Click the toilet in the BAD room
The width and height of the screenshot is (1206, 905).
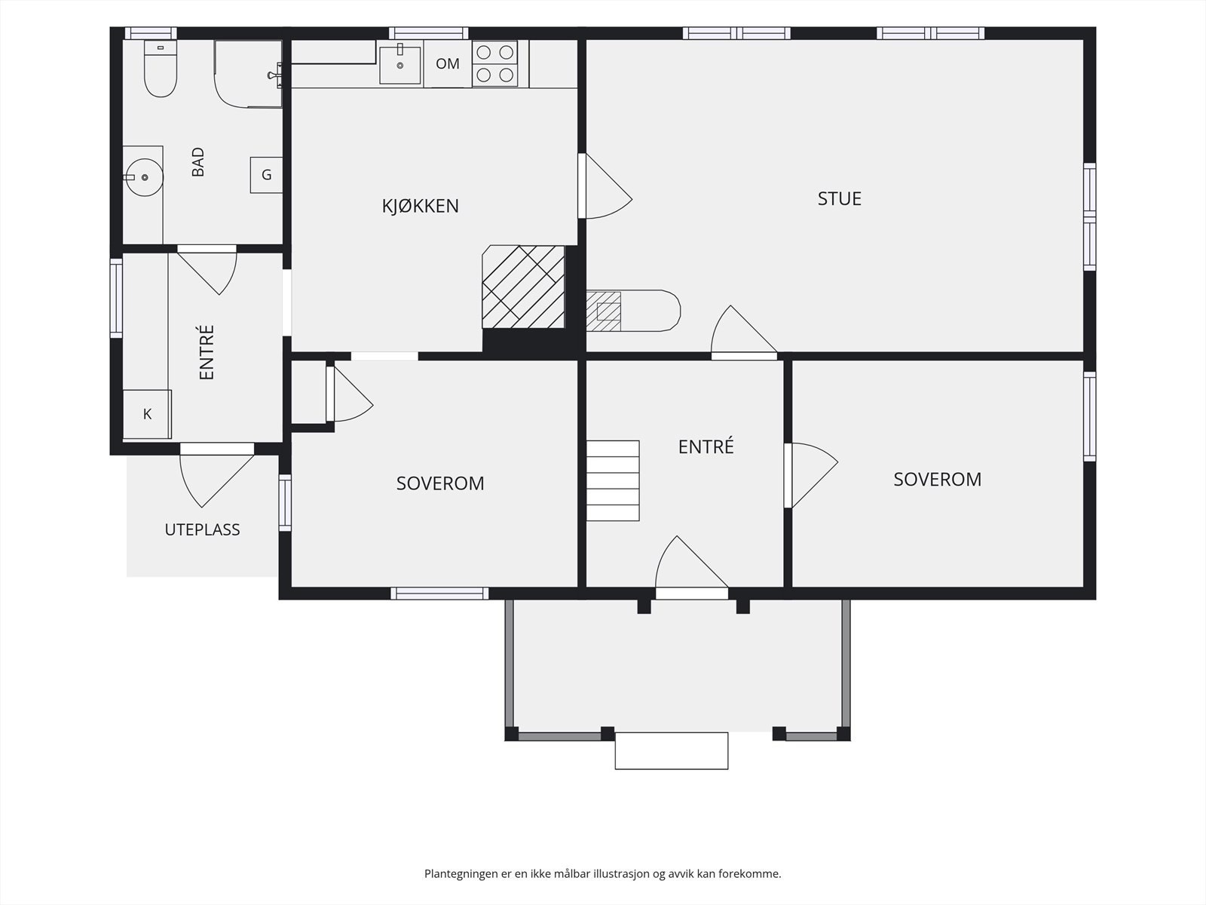click(x=161, y=68)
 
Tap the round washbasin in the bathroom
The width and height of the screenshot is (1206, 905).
click(x=145, y=177)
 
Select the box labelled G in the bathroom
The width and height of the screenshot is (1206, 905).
click(x=267, y=175)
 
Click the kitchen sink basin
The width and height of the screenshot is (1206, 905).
click(x=400, y=65)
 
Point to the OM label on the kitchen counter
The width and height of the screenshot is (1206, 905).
click(x=447, y=64)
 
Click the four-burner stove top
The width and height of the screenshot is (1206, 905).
click(x=494, y=63)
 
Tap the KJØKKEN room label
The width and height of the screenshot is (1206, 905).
click(x=421, y=206)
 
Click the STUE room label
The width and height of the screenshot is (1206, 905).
click(x=840, y=198)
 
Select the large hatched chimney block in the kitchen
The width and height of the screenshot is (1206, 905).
click(x=523, y=287)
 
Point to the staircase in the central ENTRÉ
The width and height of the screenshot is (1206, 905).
click(x=613, y=480)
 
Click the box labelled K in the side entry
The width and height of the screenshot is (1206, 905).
click(x=147, y=414)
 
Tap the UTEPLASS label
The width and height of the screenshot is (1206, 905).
click(x=202, y=529)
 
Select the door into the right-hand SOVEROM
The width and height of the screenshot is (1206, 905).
click(x=810, y=475)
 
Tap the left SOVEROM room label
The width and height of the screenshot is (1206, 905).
click(x=440, y=483)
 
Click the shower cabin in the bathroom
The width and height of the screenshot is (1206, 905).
click(x=248, y=74)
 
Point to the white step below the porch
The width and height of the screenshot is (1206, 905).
click(x=672, y=750)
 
